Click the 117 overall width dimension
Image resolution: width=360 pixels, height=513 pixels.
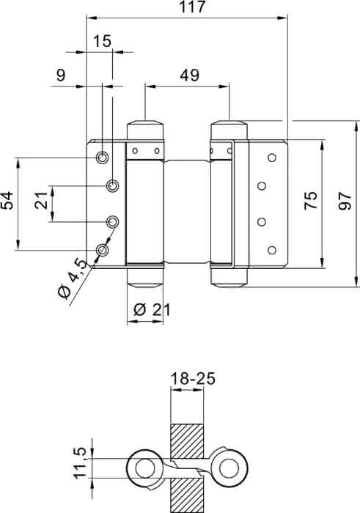coord(192,7)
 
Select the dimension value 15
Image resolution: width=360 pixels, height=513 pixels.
coord(102,42)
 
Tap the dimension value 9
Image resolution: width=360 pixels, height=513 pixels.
coord(61,75)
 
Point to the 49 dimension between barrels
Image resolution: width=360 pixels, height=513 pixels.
coord(189,75)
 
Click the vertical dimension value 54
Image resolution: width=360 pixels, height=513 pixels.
coord(7,200)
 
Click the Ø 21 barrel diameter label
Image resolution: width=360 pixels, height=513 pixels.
coord(153,309)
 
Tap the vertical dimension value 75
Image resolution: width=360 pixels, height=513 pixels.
coord(310,200)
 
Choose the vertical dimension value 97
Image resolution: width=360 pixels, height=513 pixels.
coord(345,202)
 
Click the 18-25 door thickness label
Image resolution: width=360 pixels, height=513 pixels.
coord(193,379)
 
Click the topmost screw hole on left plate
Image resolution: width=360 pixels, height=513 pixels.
coord(103,158)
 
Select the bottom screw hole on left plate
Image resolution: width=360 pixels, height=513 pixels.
coord(103,251)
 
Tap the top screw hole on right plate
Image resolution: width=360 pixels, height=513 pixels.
coord(271,158)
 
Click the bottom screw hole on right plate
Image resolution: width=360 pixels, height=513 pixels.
coord(271,251)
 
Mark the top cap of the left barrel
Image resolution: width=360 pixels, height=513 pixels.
coord(145,130)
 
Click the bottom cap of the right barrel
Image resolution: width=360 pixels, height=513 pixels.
coord(229,278)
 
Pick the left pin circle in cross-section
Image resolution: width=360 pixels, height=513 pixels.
coord(145,468)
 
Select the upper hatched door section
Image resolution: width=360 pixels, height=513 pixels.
coord(187,441)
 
